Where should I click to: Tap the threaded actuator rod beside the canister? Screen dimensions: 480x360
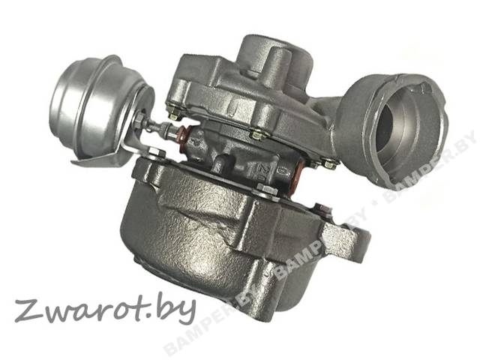point(155,126)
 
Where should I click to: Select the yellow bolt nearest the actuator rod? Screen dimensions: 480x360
point(175,114)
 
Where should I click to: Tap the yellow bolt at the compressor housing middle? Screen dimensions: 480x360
point(256,135)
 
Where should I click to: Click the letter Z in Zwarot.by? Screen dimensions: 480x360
point(27,312)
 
